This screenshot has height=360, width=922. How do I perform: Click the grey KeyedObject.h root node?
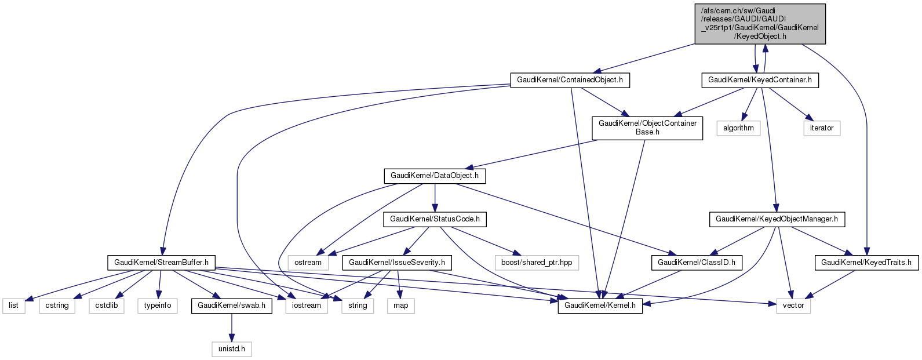(x=760, y=24)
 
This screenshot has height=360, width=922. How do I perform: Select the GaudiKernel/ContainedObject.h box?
(x=570, y=80)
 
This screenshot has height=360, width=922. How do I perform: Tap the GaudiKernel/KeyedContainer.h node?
(x=760, y=80)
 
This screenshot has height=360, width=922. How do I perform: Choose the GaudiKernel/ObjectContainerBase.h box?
(x=647, y=128)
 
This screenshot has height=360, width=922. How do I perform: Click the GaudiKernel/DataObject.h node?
(x=435, y=176)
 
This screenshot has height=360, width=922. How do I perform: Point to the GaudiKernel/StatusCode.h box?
(x=435, y=219)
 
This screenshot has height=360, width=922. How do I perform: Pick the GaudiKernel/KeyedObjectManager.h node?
(x=777, y=219)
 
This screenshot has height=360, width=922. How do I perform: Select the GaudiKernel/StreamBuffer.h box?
(x=161, y=263)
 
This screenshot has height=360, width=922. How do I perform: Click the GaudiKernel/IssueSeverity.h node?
(x=398, y=263)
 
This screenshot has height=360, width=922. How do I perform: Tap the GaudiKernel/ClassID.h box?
(x=696, y=263)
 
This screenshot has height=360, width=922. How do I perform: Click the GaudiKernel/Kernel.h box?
(x=600, y=306)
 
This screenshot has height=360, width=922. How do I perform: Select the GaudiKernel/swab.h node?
(x=231, y=306)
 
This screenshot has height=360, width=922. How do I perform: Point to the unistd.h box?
(x=231, y=349)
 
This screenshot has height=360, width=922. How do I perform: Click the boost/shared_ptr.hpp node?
(x=536, y=263)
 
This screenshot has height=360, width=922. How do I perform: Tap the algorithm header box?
(x=738, y=128)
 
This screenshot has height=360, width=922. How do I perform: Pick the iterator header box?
(x=821, y=128)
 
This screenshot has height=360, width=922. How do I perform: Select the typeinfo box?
(x=158, y=306)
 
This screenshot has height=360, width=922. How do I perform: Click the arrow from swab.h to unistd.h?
(x=231, y=328)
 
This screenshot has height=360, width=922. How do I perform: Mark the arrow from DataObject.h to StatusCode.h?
(x=435, y=198)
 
